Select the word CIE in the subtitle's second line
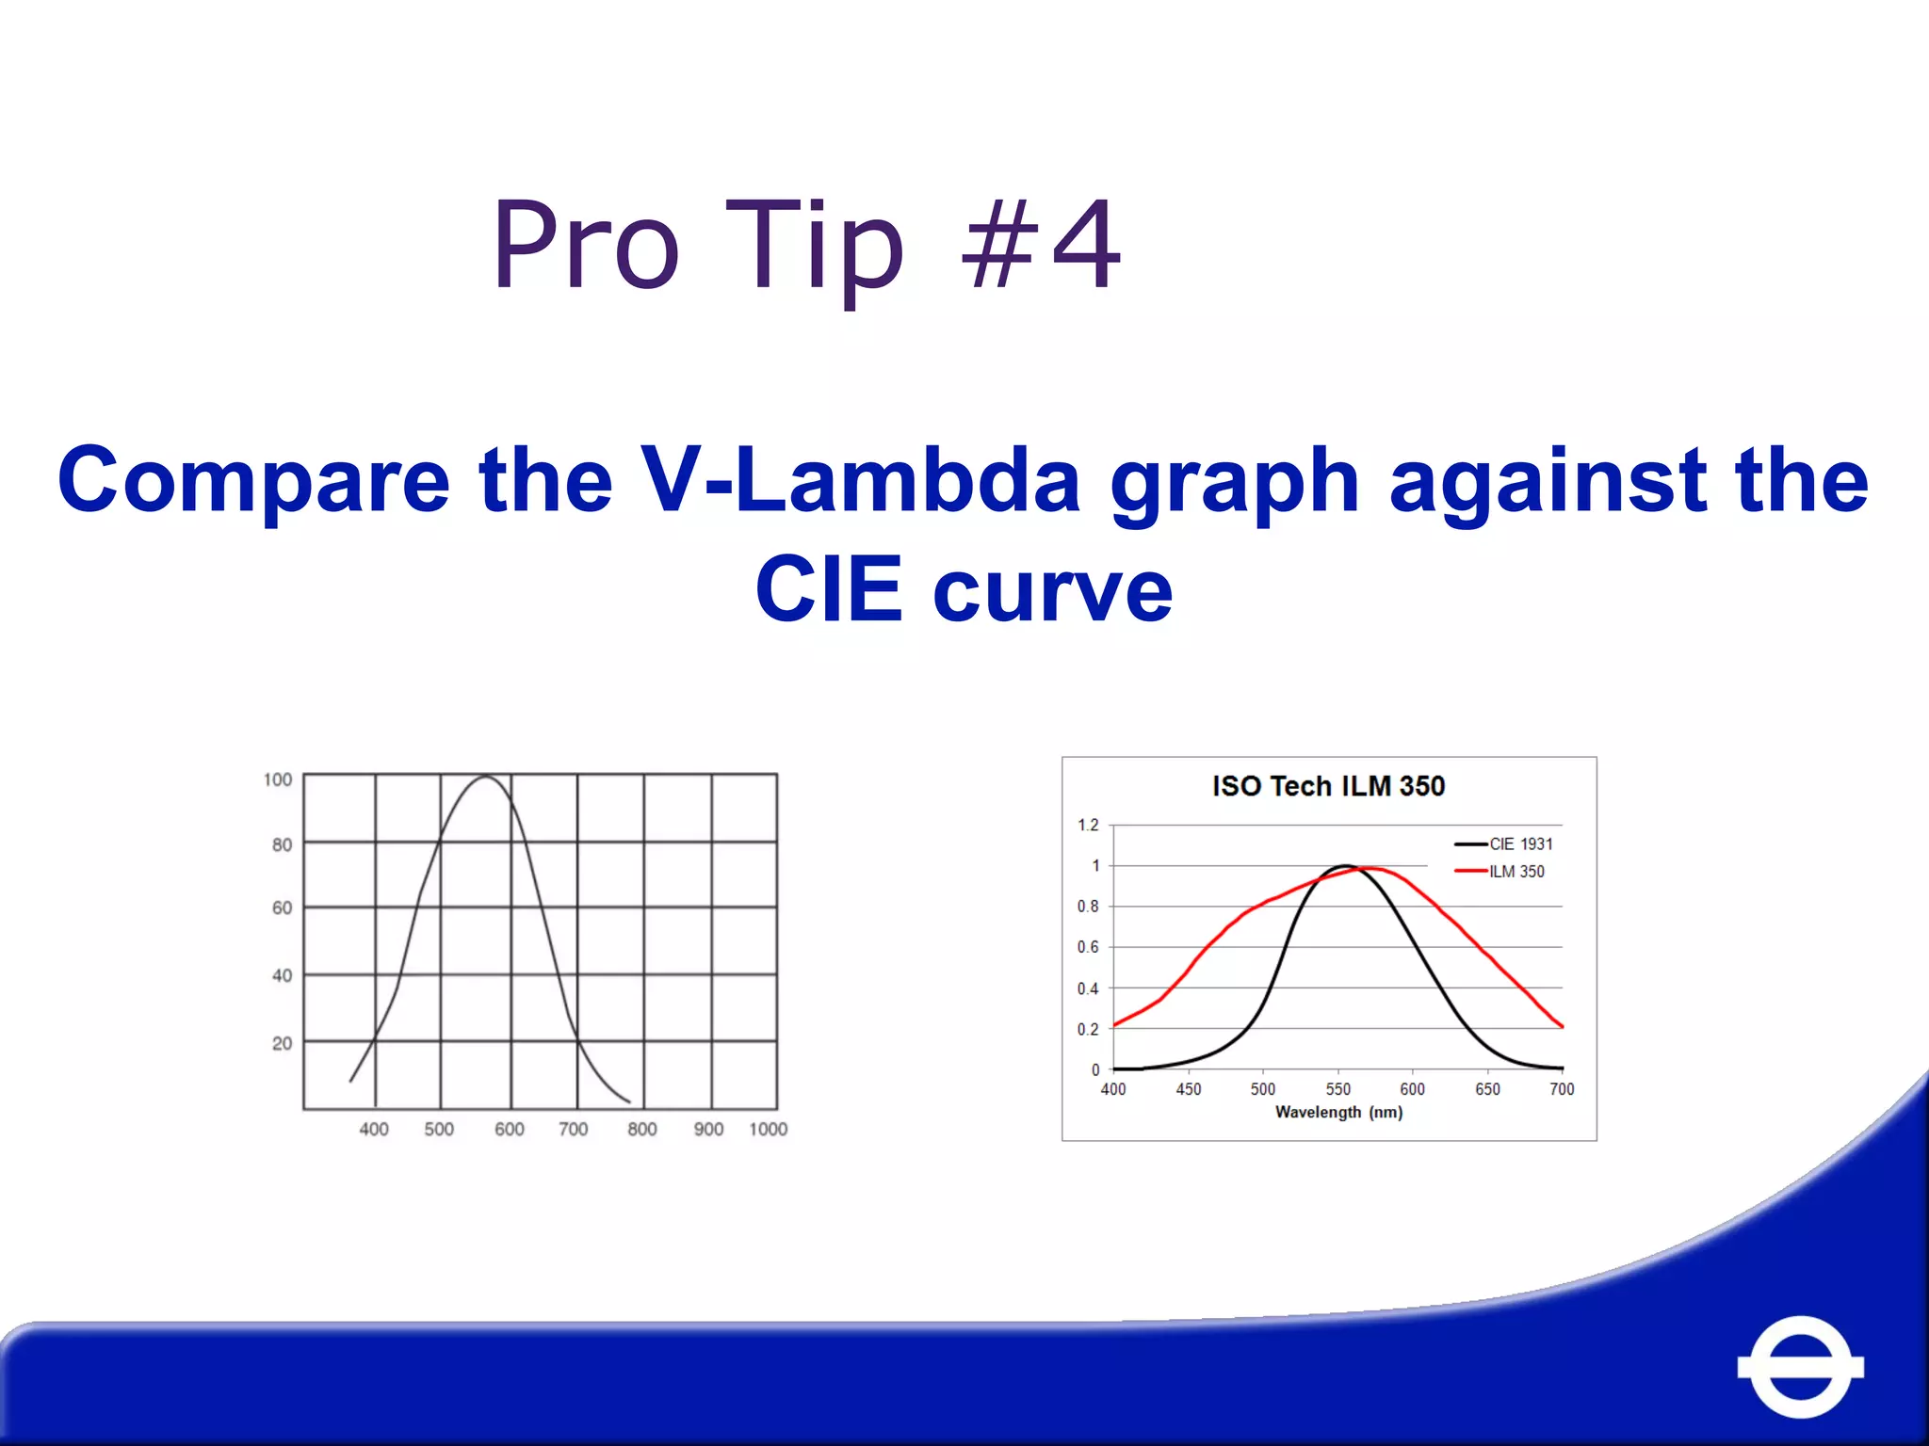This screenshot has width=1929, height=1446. pyautogui.click(x=829, y=590)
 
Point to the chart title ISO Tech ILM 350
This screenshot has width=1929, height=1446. pyautogui.click(x=1328, y=786)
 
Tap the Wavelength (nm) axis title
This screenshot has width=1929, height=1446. pyautogui.click(x=1338, y=1113)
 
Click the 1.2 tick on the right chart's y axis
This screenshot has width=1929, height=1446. pyautogui.click(x=1088, y=826)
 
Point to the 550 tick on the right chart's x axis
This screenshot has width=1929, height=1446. pyautogui.click(x=1337, y=1089)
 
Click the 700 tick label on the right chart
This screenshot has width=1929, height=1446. pyautogui.click(x=1561, y=1089)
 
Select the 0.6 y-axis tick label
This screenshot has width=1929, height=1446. pyautogui.click(x=1088, y=947)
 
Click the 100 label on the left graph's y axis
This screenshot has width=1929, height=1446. pyautogui.click(x=278, y=779)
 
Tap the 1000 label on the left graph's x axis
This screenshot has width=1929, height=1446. pyautogui.click(x=768, y=1129)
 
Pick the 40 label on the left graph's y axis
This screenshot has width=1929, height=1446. pyautogui.click(x=282, y=975)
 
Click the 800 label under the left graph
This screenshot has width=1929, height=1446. pyautogui.click(x=641, y=1129)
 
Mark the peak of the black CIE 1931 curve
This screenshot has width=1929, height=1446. pyautogui.click(x=1345, y=865)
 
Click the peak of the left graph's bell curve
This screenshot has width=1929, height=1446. pyautogui.click(x=485, y=777)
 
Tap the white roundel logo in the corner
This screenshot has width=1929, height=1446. pyautogui.click(x=1800, y=1366)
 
